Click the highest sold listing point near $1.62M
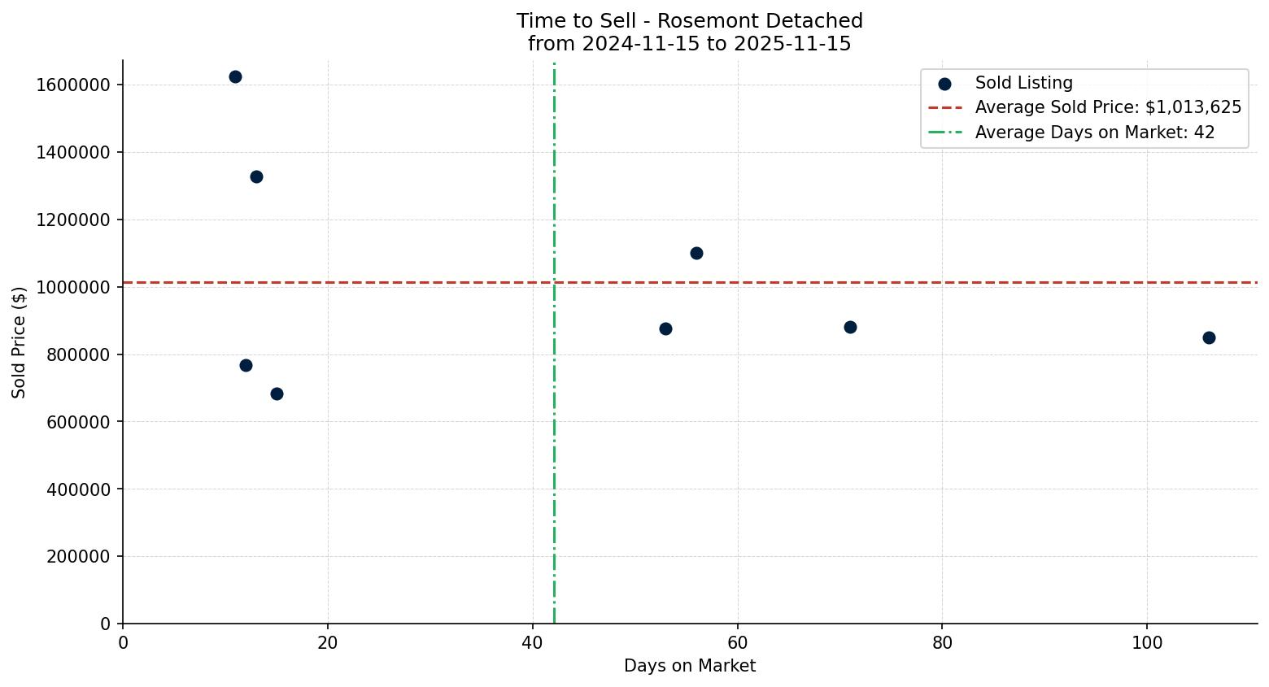235,77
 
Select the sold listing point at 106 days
1209,337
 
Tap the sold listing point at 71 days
850,327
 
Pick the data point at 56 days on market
696,253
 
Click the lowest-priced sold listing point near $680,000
277,394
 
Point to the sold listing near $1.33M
256,176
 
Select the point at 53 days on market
665,328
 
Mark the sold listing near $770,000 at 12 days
246,365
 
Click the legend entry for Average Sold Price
1108,107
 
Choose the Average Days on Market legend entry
1094,133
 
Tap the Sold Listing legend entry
1023,83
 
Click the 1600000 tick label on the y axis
73,85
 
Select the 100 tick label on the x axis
1146,642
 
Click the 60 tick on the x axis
737,642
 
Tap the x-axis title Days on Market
689,666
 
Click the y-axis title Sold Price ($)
20,342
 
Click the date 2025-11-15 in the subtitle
792,44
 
